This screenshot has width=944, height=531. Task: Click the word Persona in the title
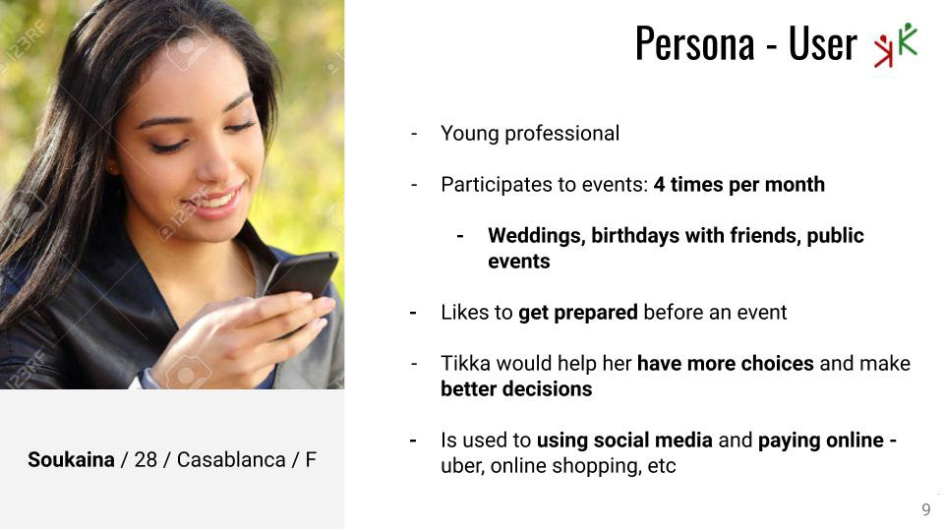click(695, 42)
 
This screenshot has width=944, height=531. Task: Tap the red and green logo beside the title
click(896, 44)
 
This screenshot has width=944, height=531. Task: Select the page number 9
click(926, 509)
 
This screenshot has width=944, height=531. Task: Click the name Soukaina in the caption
click(71, 460)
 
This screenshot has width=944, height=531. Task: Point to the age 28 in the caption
click(146, 460)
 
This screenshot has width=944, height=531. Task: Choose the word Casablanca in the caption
click(231, 460)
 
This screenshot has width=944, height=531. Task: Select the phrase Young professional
click(530, 134)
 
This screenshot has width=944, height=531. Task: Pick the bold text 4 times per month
click(738, 184)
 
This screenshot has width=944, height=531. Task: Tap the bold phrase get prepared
click(578, 313)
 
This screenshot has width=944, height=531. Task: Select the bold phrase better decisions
click(516, 389)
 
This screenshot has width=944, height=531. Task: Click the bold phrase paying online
click(820, 441)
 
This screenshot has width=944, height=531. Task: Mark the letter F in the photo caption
click(311, 460)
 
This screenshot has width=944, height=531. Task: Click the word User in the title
click(822, 42)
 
